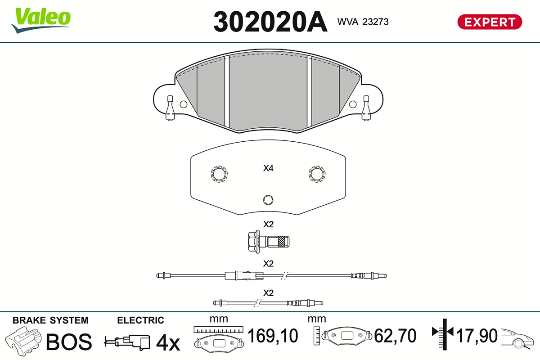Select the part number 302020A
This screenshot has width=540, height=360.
pos(270,22)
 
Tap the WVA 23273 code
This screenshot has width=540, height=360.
pos(363,22)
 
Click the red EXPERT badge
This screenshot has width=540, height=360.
pos(490,22)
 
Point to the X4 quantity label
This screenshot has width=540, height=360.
pos(268,168)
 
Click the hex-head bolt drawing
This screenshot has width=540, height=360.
pos(269,242)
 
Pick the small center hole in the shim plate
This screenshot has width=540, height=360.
pos(268,200)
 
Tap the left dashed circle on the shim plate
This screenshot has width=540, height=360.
pos(219,174)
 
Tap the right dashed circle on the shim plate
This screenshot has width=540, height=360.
pos(317,174)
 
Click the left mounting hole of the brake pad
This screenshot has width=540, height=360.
pos(184,104)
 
